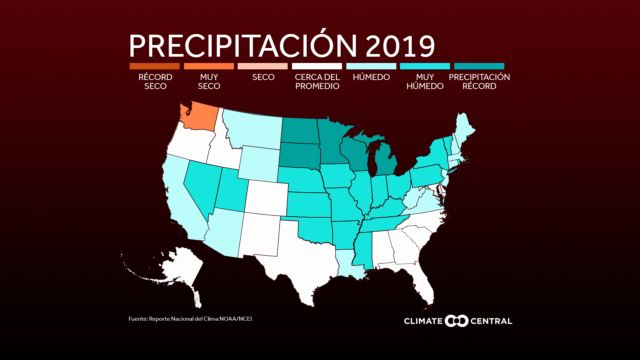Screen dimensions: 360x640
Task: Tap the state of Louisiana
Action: (x=347, y=263)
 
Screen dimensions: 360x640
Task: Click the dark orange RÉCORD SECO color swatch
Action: (x=155, y=66)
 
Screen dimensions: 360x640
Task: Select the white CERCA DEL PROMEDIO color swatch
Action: (x=317, y=66)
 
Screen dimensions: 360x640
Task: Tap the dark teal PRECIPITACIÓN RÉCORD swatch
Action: (x=479, y=66)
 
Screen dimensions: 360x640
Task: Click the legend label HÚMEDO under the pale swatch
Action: (x=371, y=77)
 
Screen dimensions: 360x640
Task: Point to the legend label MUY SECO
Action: (x=209, y=82)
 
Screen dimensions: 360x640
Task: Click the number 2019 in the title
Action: (x=400, y=46)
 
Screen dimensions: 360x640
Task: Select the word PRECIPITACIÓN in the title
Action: (x=243, y=46)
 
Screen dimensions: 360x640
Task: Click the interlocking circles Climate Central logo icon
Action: (x=457, y=321)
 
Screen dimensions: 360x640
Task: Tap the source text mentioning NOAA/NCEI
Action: (x=190, y=319)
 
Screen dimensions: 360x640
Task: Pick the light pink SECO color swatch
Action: (x=263, y=66)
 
